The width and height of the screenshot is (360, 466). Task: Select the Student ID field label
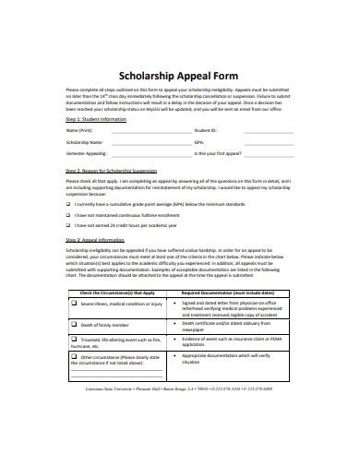coord(208,132)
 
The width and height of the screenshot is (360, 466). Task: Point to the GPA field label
coord(200,145)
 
